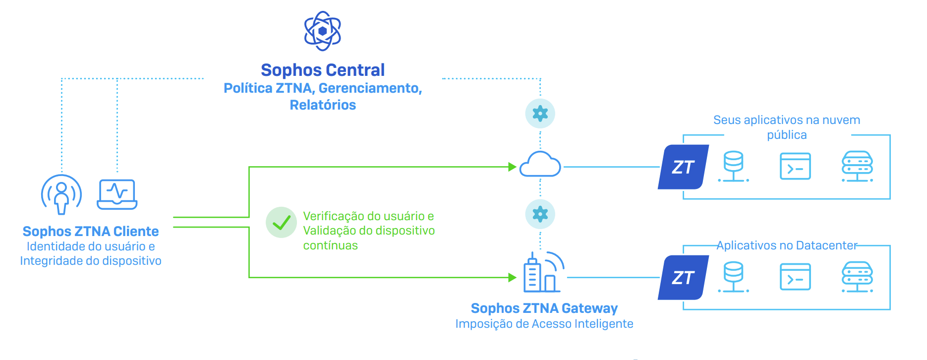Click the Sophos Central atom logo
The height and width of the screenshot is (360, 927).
point(323,31)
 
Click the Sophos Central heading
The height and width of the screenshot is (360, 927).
point(323,70)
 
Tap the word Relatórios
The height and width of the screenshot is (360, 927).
point(323,105)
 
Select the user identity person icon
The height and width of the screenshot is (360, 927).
point(61,194)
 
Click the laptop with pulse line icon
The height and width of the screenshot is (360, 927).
point(117,194)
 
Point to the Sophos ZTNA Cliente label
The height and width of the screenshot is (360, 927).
point(91,231)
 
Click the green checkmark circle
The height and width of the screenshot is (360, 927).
point(281,222)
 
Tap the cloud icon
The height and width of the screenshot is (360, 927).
point(540,165)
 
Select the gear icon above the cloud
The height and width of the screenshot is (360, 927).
point(540,114)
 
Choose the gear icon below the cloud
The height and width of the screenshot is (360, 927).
point(540,214)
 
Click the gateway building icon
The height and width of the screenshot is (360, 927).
point(543,273)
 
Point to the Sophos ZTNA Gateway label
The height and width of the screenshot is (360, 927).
point(544,308)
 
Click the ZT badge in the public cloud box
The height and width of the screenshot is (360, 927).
point(683,167)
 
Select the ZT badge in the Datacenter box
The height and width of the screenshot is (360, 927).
point(683,278)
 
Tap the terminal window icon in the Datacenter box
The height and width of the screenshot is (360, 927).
point(795,277)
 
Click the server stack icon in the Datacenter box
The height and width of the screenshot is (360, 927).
point(857,277)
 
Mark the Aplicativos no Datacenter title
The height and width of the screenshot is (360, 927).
point(787,245)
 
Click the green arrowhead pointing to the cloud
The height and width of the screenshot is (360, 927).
point(513,167)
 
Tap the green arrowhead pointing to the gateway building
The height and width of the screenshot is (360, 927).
point(513,278)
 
